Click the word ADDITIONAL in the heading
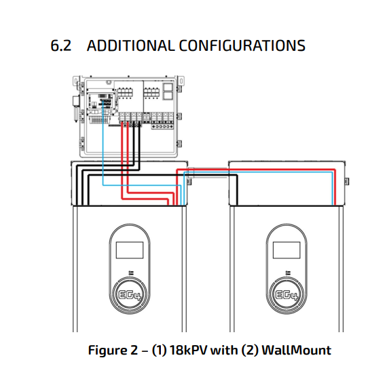pyautogui.click(x=130, y=45)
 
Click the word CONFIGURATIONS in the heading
pyautogui.click(x=242, y=45)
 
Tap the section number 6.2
pyautogui.click(x=60, y=45)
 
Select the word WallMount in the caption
pyautogui.click(x=296, y=350)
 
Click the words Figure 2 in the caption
pyautogui.click(x=113, y=351)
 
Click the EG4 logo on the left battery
pyautogui.click(x=130, y=295)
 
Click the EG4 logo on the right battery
pyautogui.click(x=287, y=295)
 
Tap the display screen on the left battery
pyautogui.click(x=130, y=250)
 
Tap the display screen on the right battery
pyautogui.click(x=287, y=250)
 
